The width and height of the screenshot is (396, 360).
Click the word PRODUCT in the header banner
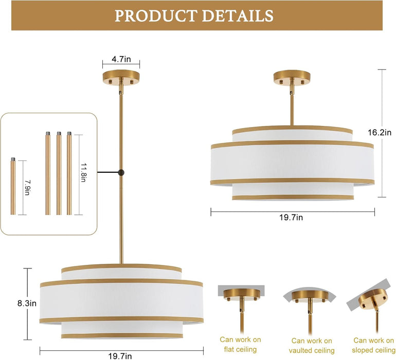coord(155,15)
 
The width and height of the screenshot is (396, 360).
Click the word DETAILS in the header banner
coord(238,15)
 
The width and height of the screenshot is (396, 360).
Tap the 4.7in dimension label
coord(121,59)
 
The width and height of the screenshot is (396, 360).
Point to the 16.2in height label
coord(380,132)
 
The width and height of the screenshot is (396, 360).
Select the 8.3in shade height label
coord(27,303)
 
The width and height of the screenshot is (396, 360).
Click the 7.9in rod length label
coord(27,187)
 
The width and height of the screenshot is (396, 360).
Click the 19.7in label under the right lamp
coord(291,217)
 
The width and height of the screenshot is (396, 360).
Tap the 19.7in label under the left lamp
coord(120,356)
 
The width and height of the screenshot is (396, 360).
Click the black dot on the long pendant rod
coord(121,173)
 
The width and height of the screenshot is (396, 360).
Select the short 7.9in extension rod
coord(13,186)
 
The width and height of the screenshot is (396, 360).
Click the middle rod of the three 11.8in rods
coord(59,173)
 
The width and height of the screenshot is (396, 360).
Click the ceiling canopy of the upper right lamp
coord(292,78)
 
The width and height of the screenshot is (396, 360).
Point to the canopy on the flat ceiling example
coord(242,295)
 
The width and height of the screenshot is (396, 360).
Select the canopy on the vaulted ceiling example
coord(310,296)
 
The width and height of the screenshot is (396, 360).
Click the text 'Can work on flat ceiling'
coord(240,345)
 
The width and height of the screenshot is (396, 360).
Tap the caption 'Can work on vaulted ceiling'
coord(312,346)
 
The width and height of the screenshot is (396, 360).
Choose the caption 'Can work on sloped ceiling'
coord(374,345)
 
